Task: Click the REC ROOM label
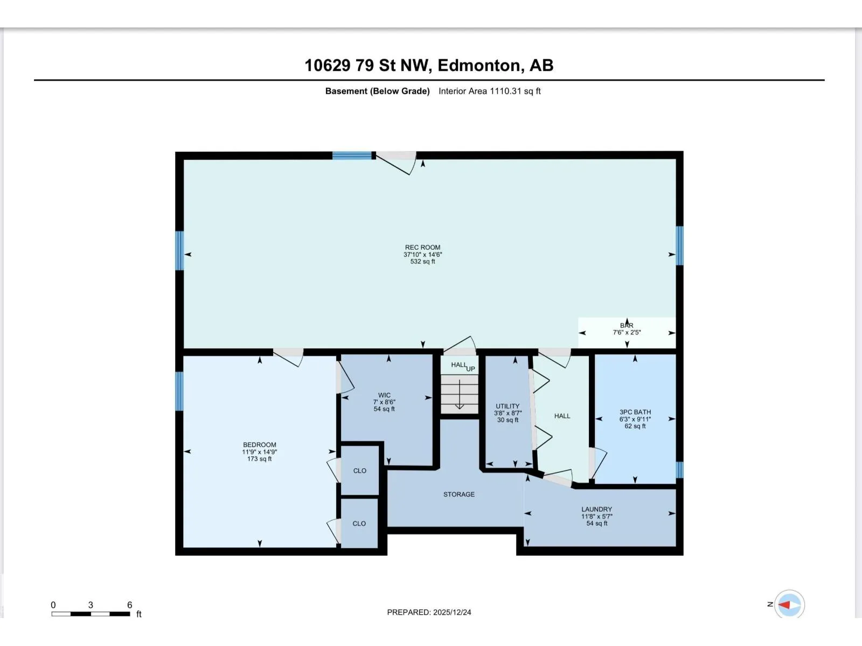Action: pos(422,248)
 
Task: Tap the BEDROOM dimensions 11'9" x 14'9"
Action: pos(260,452)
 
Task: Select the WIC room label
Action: pos(384,395)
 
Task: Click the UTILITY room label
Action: pos(508,406)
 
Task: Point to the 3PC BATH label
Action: pos(635,412)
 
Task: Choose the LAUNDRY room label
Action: pos(596,509)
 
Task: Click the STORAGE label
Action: pos(458,495)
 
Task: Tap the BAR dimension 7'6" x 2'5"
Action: pos(627,333)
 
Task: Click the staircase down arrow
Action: pos(460,394)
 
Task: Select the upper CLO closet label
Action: pos(360,471)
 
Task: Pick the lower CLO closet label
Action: pos(359,524)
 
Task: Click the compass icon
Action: pos(789,605)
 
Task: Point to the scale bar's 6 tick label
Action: pos(130,605)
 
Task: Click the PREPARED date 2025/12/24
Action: pos(452,612)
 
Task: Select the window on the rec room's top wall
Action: pos(352,156)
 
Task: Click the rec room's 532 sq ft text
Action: pos(422,262)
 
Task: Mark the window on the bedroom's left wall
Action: pos(179,391)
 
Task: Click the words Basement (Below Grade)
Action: pos(378,92)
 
